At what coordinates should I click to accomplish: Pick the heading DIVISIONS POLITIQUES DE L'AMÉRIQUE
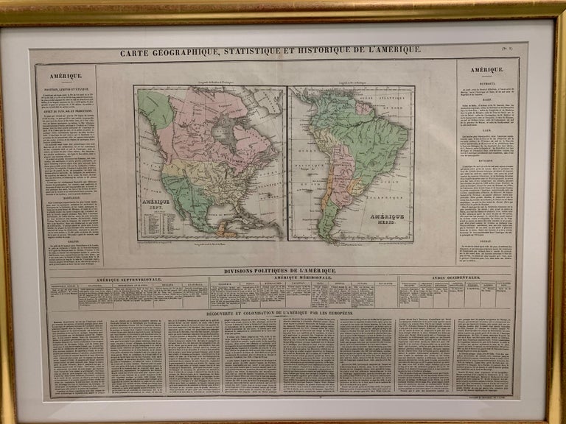(282, 270)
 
